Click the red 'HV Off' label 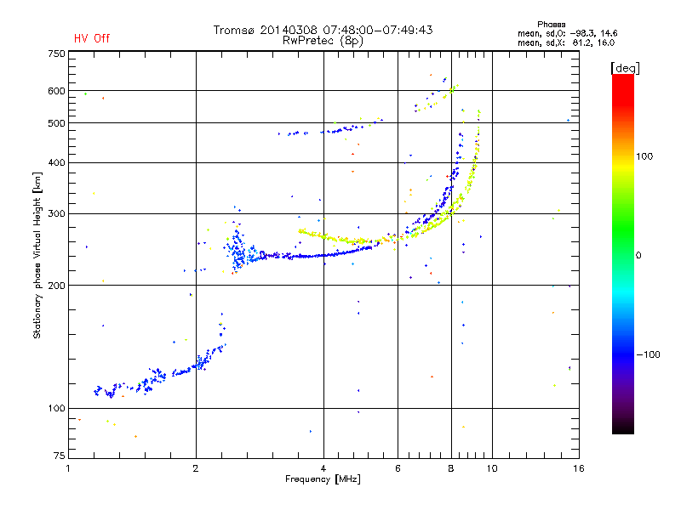click(x=92, y=38)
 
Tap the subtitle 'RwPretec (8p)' click(x=323, y=41)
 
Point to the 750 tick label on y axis click(x=56, y=54)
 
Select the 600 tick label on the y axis click(x=56, y=91)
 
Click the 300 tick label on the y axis click(x=56, y=214)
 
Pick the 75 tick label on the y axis click(x=60, y=456)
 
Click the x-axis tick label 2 click(x=196, y=468)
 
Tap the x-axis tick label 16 click(x=579, y=468)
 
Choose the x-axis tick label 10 click(x=492, y=468)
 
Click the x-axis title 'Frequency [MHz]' click(x=323, y=479)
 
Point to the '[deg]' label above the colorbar click(x=625, y=68)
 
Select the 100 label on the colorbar click(x=644, y=156)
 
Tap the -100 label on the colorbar click(x=648, y=354)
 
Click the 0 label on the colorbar click(x=638, y=256)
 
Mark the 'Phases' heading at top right click(x=551, y=25)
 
